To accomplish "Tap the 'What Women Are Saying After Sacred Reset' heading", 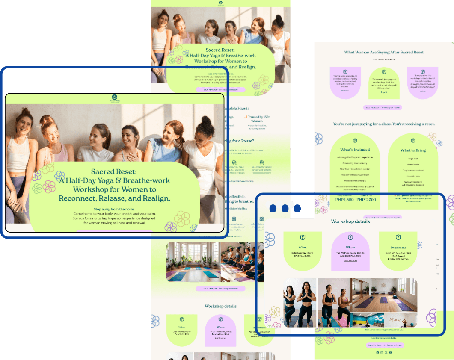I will [384, 52].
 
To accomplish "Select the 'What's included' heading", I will [354, 150].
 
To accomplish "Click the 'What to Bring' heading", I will [413, 150].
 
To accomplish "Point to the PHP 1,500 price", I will [344, 200].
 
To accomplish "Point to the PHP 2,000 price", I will [366, 200].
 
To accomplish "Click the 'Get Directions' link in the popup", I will [350, 260].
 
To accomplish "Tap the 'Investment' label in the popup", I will [398, 248].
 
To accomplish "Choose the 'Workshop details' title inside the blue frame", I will [350, 221].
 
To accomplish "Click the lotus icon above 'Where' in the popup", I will [350, 237].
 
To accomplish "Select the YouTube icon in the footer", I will [390, 352].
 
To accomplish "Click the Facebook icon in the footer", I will [377, 352].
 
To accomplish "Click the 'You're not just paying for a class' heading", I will [384, 124].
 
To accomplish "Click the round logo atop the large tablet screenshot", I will [114, 97].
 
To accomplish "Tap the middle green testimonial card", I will [384, 82].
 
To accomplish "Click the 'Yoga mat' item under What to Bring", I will [413, 158].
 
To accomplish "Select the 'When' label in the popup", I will [303, 247].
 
